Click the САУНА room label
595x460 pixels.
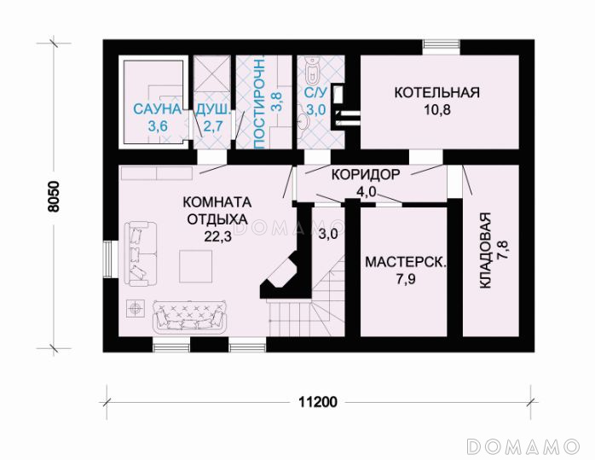point(158,109)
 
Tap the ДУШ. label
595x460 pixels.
point(212,109)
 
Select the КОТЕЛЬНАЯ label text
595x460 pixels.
point(437,93)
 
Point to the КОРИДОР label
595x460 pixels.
point(366,175)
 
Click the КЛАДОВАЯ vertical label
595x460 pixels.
point(486,250)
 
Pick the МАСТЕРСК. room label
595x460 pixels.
point(406,263)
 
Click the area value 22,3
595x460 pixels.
point(217,236)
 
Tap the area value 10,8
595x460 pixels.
point(437,110)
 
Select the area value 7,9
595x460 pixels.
point(406,280)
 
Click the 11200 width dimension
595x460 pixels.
point(318,401)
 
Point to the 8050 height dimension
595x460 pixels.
point(54,196)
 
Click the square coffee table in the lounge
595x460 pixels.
point(196,266)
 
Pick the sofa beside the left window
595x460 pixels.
point(140,254)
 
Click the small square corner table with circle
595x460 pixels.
point(136,308)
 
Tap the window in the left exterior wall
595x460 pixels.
point(111,259)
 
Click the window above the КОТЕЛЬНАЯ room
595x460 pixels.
point(442,48)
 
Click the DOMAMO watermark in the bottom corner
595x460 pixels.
point(523,446)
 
